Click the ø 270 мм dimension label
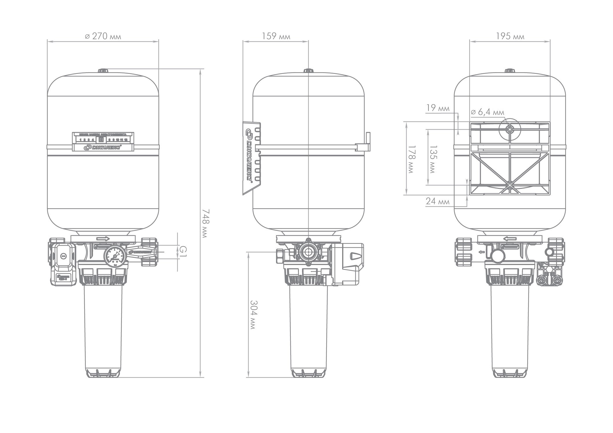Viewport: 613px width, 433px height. [x=103, y=36]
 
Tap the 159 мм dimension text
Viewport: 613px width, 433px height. [x=276, y=36]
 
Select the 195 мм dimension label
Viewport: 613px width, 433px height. [x=510, y=36]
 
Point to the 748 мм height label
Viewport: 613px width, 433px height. [x=204, y=223]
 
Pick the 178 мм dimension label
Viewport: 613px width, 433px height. [x=411, y=158]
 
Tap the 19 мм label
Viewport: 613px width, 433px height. [x=438, y=108]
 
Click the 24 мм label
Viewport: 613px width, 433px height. [x=437, y=201]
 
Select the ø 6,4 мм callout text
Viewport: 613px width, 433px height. [x=487, y=112]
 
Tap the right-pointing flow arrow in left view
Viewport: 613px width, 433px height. [x=103, y=239]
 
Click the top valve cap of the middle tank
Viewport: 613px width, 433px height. [x=308, y=71]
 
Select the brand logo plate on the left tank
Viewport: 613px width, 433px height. [x=103, y=148]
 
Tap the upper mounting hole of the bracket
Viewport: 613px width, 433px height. [x=510, y=130]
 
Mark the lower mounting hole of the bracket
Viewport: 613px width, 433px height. [x=510, y=185]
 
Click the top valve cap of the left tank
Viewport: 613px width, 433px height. [x=103, y=71]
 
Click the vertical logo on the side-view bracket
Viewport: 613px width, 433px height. [x=249, y=156]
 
